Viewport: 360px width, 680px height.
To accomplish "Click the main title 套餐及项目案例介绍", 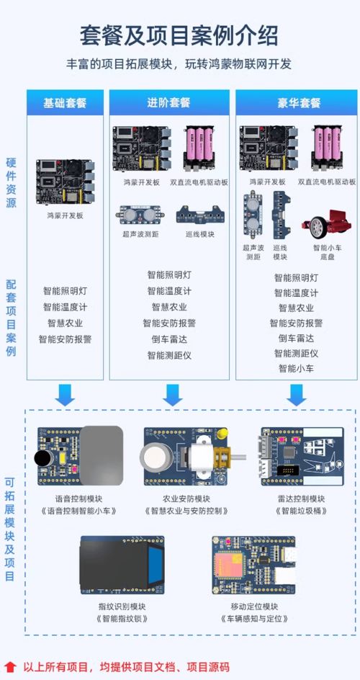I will pyautogui.click(x=179, y=35).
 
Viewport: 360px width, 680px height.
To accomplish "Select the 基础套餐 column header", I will pyautogui.click(x=65, y=103).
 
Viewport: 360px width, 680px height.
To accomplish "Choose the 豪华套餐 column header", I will pyautogui.click(x=299, y=103).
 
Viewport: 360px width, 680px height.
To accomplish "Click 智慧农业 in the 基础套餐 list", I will pyautogui.click(x=65, y=323).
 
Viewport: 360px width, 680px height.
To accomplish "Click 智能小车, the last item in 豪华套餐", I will pyautogui.click(x=296, y=369).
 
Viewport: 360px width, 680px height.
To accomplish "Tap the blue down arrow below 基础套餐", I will pyautogui.click(x=66, y=395).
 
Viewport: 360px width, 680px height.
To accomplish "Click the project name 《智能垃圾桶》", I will pyautogui.click(x=302, y=511).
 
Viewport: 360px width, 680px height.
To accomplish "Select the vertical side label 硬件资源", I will pyautogui.click(x=11, y=183).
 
